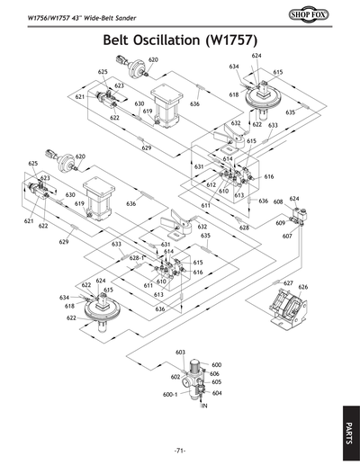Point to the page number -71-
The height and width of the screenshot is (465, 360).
coord(180,450)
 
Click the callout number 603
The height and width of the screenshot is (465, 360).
coord(180,352)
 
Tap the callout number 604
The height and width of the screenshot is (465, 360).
coord(217,392)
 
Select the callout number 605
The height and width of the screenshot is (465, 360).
coord(217,381)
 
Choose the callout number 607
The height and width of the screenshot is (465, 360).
coord(287,237)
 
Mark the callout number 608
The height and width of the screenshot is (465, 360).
coord(279,202)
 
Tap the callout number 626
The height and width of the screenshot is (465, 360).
coord(303,287)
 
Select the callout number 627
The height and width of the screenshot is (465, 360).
coord(288,283)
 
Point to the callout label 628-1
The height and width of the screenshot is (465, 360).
coord(137,258)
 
